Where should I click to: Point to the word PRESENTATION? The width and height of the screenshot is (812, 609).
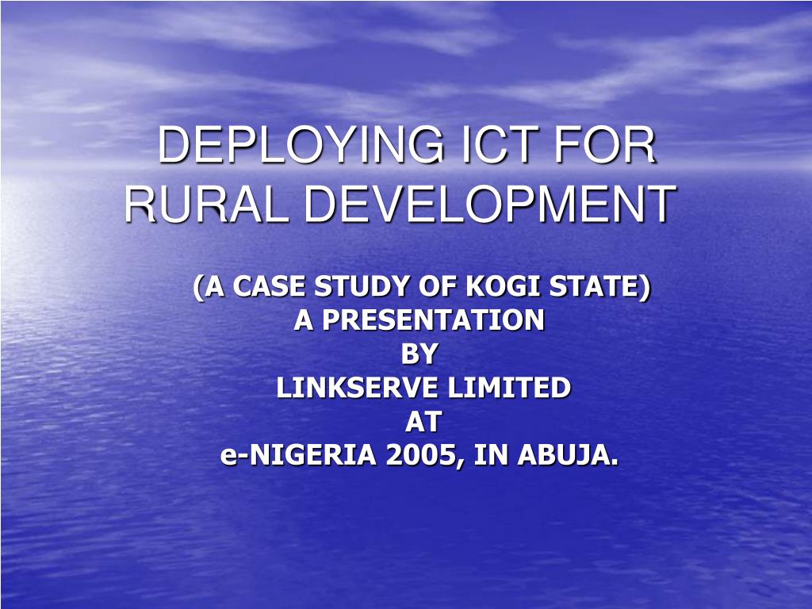[433, 320]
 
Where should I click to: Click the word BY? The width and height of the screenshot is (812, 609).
[419, 354]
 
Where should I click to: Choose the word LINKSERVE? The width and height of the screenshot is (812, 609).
[358, 388]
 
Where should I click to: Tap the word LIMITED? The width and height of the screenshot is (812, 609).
[509, 388]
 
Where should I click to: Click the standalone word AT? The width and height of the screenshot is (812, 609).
[422, 422]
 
